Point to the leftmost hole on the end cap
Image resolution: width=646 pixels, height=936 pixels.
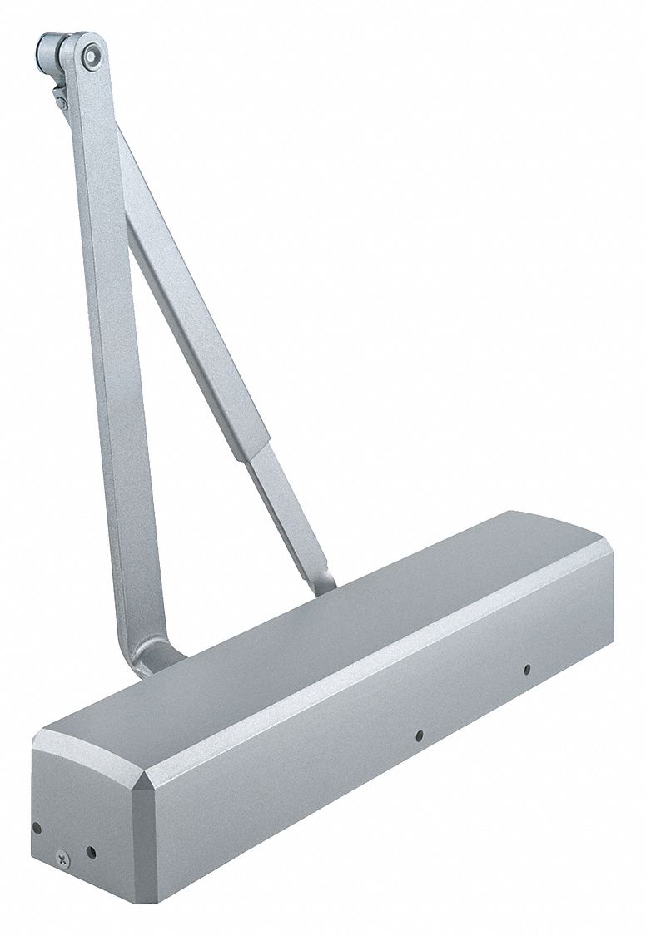coord(36,830)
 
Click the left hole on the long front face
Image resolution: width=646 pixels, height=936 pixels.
coord(419,734)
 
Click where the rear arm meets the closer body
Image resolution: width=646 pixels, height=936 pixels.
coord(321,583)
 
